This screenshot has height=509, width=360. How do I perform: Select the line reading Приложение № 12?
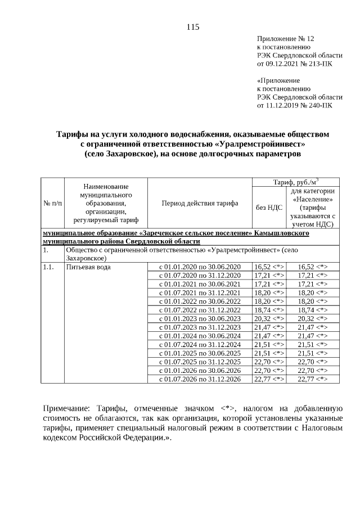(x=285, y=39)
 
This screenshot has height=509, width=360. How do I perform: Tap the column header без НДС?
(x=269, y=207)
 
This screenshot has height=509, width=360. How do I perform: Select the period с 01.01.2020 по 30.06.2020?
(x=199, y=267)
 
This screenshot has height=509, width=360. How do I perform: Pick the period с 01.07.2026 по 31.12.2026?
(x=199, y=380)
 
